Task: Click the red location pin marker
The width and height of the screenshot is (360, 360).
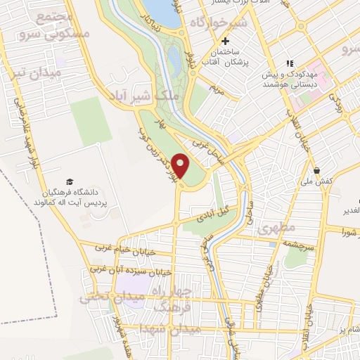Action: tap(181, 166)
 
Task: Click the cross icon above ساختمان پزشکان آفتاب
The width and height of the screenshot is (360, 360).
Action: tap(225, 41)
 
